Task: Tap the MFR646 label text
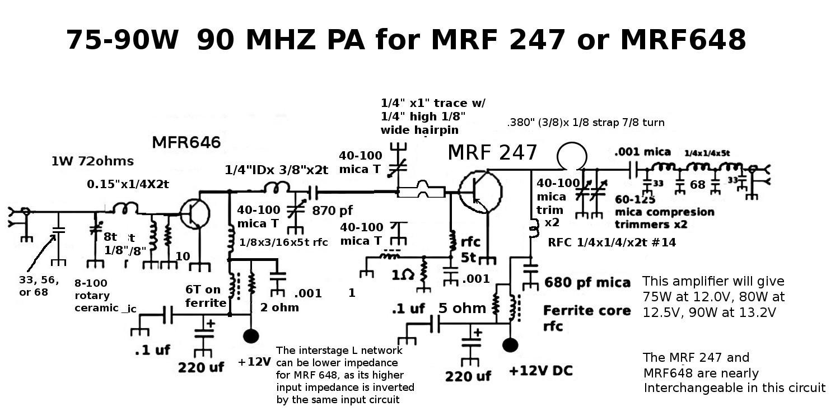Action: [186, 142]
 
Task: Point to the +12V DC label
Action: [540, 371]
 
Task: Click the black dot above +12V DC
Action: [510, 344]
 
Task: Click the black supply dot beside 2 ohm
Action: [250, 335]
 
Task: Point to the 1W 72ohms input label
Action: [92, 162]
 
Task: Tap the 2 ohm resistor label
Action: [279, 307]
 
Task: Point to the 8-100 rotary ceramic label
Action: [101, 296]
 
